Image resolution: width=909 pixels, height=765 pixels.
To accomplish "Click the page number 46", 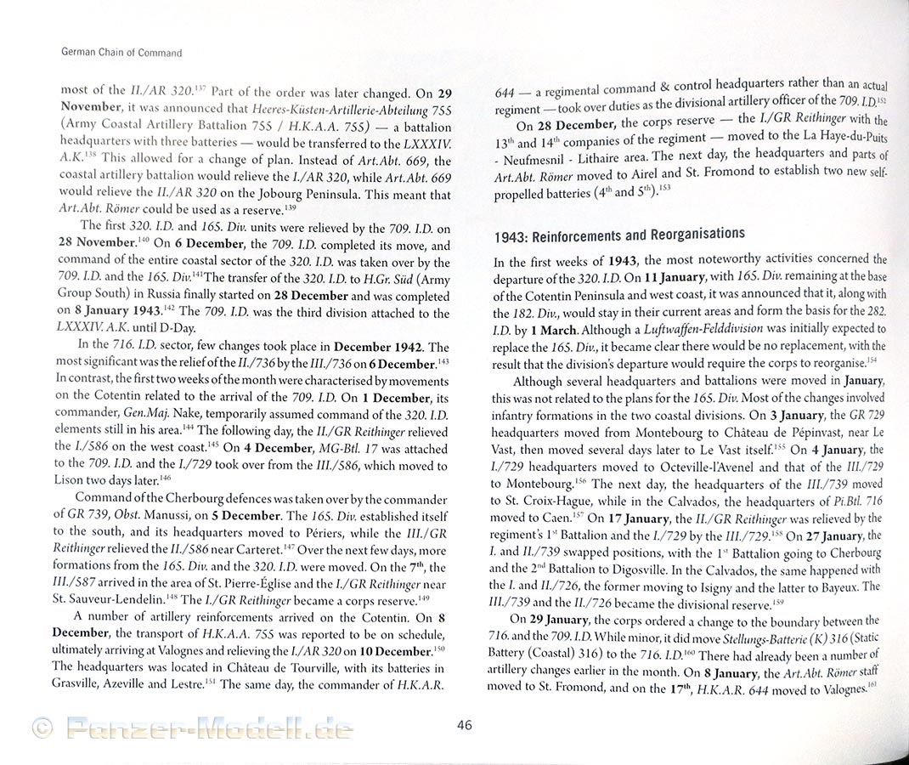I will (464, 725).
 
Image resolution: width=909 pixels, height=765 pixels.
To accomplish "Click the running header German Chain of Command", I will (121, 53).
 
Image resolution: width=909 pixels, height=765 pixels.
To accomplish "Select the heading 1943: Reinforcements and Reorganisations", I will (619, 234).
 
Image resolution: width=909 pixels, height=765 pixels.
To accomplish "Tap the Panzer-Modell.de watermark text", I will (209, 728).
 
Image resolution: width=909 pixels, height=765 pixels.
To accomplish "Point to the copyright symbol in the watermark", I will (42, 727).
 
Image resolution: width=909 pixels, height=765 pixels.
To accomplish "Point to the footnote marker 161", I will (871, 686).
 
